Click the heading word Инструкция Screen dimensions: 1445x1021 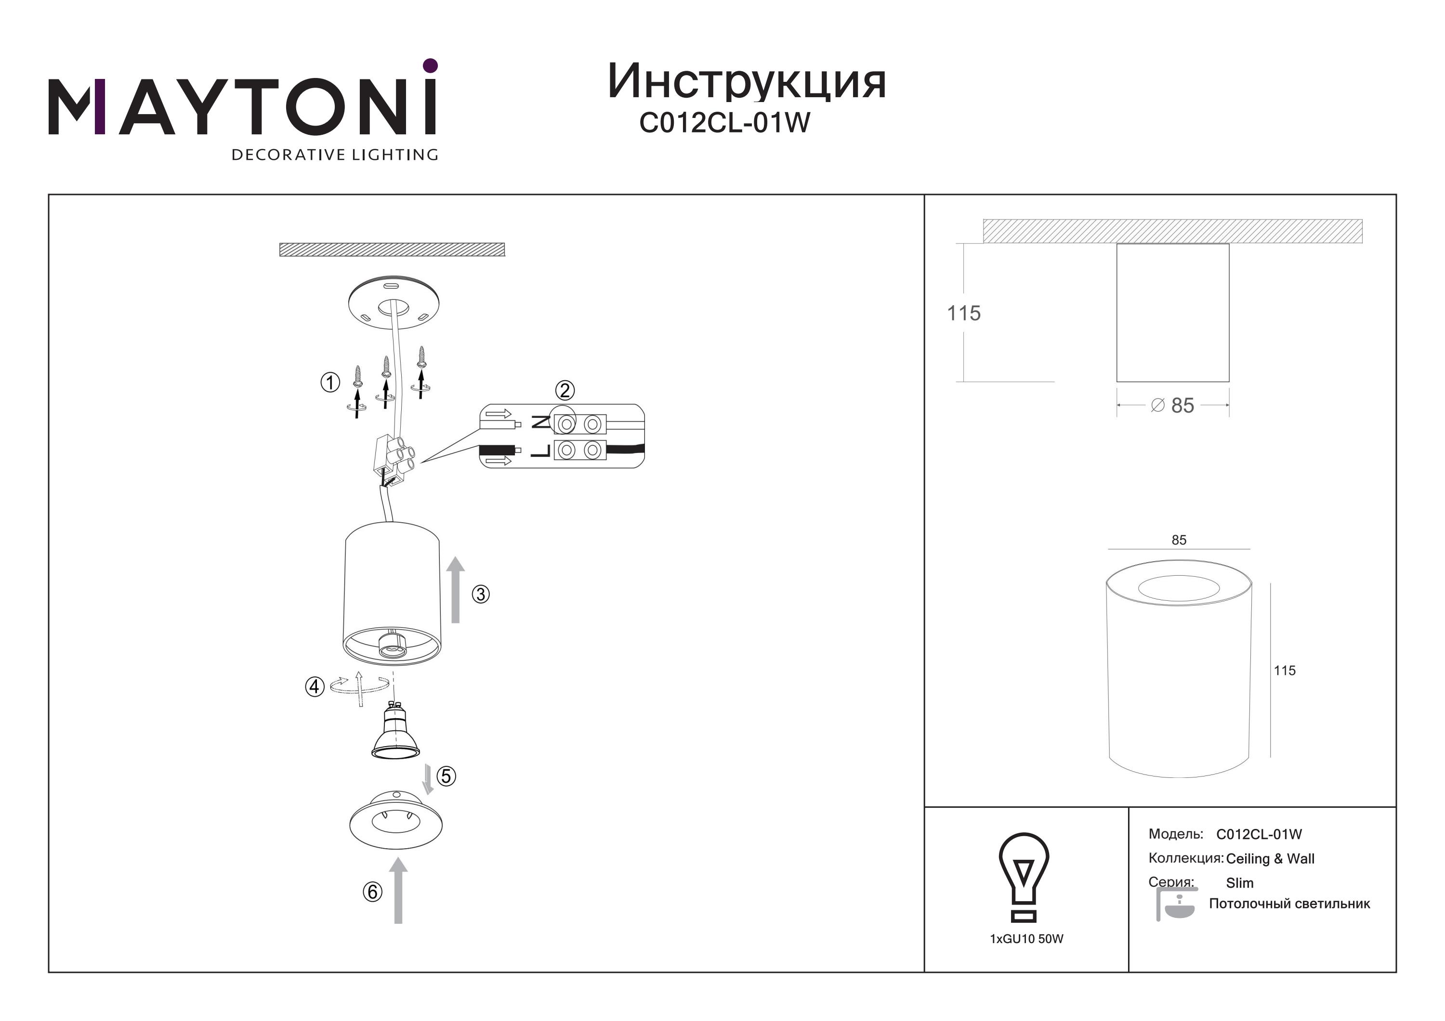(747, 82)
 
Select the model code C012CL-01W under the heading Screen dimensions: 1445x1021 (724, 123)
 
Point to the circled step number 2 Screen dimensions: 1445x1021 (565, 391)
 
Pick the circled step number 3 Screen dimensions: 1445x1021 (481, 594)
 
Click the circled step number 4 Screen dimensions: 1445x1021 (315, 686)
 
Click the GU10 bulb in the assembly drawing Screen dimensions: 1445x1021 (395, 732)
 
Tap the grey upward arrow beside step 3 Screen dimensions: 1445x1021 (456, 590)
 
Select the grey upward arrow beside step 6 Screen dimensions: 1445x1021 (398, 890)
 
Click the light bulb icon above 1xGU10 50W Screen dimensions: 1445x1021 (1024, 877)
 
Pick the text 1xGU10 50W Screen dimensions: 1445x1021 (1026, 939)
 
